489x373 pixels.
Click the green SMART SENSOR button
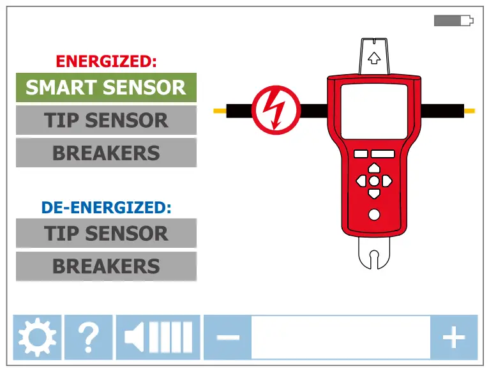[x=106, y=88]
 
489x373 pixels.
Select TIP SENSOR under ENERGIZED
[x=106, y=120]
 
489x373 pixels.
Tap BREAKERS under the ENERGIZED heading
[x=106, y=153]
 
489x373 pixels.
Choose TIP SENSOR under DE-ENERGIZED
[x=106, y=233]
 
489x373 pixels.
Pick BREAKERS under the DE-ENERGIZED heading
[x=106, y=266]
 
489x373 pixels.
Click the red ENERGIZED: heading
[x=106, y=61]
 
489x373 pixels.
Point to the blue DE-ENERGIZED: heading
[x=106, y=208]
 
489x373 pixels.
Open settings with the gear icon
[x=37, y=337]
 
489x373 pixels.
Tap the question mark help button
[x=89, y=337]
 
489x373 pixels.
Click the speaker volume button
[x=158, y=337]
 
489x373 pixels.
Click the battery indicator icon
[x=453, y=21]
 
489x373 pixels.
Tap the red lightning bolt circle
[x=276, y=110]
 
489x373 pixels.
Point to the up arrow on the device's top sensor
[x=375, y=58]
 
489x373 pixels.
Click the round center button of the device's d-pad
[x=374, y=181]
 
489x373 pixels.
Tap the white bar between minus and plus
[x=340, y=337]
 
